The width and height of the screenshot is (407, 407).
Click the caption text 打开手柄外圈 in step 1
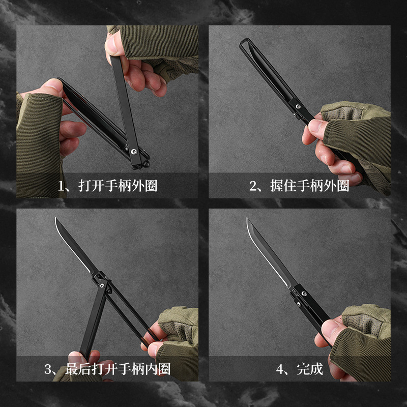pyautogui.click(x=118, y=186)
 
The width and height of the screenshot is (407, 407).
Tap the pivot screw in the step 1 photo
pyautogui.click(x=134, y=151)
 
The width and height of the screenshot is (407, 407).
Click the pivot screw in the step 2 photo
pyautogui.click(x=299, y=107)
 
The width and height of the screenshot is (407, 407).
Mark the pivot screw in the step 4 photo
pyautogui.click(x=304, y=293)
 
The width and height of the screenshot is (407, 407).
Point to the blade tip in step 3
pyautogui.click(x=55, y=219)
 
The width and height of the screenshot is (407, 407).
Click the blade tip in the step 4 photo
pyautogui.click(x=248, y=219)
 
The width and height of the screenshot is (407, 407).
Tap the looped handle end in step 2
pyautogui.click(x=244, y=45)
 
